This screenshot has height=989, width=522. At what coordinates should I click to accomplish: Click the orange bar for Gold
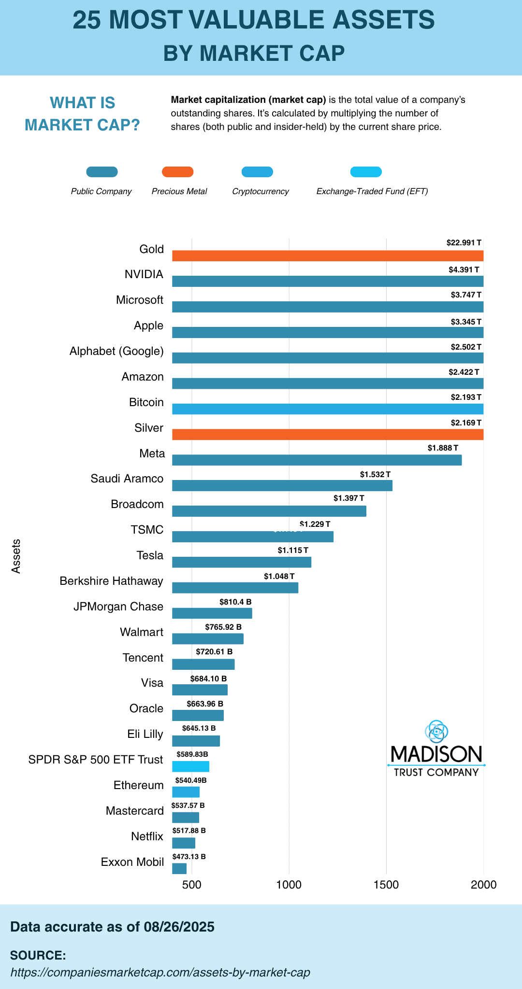(328, 256)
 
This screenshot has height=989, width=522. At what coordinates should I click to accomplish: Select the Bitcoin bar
(328, 409)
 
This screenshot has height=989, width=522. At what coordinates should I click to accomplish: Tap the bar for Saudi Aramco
(282, 485)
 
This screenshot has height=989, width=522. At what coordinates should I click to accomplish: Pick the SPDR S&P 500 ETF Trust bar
(191, 766)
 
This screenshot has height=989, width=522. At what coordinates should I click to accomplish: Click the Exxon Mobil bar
(179, 869)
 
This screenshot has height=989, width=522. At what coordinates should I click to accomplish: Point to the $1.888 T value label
(443, 448)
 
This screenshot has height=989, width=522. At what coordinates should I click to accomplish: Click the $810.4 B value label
(235, 602)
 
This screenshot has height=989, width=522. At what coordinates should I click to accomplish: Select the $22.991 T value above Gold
(464, 243)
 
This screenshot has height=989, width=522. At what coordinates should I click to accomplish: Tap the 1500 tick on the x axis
(386, 885)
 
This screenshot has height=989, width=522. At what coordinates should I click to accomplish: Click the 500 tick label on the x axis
(192, 885)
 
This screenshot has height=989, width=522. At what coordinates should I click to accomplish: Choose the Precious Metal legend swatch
(177, 172)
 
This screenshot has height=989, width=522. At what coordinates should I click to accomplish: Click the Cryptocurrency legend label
(261, 191)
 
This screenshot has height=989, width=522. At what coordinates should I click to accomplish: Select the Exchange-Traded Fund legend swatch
(366, 172)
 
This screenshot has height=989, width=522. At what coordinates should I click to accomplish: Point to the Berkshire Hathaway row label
(111, 581)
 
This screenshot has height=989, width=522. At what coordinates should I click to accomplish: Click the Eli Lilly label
(145, 734)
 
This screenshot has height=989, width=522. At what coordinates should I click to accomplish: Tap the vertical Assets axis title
(16, 556)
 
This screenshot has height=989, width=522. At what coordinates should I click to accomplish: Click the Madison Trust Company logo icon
(436, 732)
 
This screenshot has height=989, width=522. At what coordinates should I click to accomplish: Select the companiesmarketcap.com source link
(160, 972)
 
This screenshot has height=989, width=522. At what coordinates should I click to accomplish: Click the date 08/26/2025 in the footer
(179, 927)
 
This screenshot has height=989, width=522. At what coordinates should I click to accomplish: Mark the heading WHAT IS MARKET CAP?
(82, 114)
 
